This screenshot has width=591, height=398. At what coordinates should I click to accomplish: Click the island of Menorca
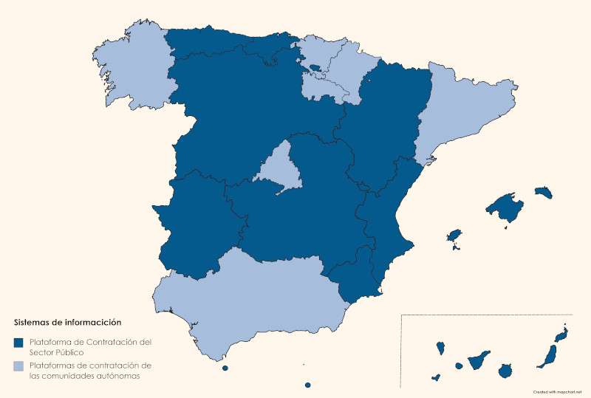(x=544, y=192)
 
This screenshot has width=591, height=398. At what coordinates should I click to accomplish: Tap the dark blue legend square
(x=18, y=343)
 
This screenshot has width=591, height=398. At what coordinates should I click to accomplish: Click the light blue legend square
(x=18, y=366)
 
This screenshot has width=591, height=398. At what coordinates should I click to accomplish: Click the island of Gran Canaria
(x=506, y=371)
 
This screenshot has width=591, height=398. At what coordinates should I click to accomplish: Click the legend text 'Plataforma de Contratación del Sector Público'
(x=86, y=347)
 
